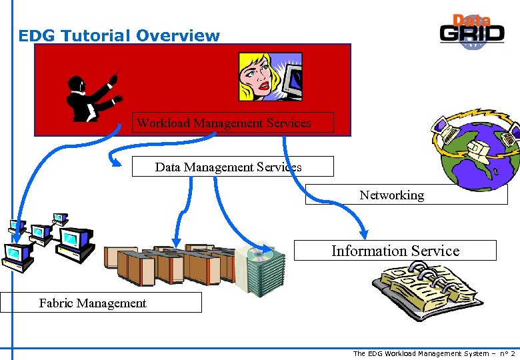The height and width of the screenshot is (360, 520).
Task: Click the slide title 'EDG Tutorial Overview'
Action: click(119, 35)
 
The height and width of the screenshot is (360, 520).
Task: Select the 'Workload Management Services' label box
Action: click(223, 123)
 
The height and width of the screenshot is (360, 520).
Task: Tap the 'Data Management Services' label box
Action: click(232, 167)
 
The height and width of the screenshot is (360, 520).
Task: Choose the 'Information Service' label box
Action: click(395, 251)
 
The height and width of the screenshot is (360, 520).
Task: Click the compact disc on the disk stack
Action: click(259, 254)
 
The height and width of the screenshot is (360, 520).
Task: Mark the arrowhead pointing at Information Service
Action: click(363, 234)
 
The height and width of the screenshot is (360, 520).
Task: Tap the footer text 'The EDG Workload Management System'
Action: click(420, 353)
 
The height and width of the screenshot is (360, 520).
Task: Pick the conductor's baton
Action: click(117, 74)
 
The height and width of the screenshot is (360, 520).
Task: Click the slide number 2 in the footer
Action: click(513, 353)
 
